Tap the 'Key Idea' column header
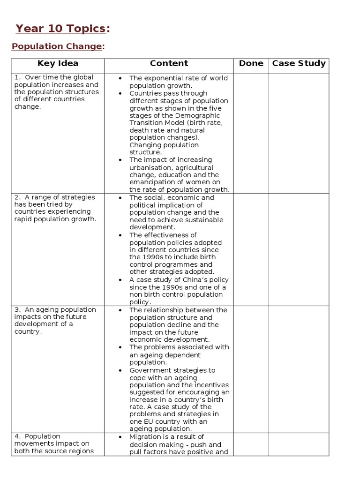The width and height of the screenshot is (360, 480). tap(58, 64)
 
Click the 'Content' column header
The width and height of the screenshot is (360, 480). tap(169, 64)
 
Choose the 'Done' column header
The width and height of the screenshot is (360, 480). tap(251, 64)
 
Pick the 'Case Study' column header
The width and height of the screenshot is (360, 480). tap(299, 64)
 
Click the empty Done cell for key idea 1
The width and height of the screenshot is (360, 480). tap(251, 133)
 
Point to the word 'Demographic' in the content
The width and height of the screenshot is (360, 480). tap(199, 116)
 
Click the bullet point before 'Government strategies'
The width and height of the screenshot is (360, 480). tap(120, 370)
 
